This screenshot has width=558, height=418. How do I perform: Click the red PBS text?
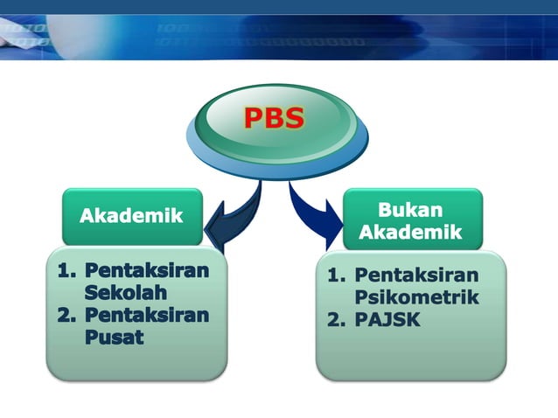(x=274, y=117)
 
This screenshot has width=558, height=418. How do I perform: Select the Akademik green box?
(x=131, y=215)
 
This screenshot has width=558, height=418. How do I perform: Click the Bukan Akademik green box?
(x=410, y=220)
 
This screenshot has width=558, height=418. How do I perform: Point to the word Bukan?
(x=410, y=210)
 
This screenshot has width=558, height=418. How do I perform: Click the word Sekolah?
(x=125, y=292)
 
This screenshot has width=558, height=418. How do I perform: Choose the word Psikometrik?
(x=416, y=297)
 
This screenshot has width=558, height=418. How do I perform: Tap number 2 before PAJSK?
(x=334, y=320)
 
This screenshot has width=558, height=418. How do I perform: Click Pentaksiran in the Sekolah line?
(x=148, y=270)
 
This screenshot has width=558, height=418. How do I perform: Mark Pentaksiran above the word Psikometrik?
(x=416, y=276)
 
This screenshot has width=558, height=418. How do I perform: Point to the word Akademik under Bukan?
(x=410, y=233)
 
